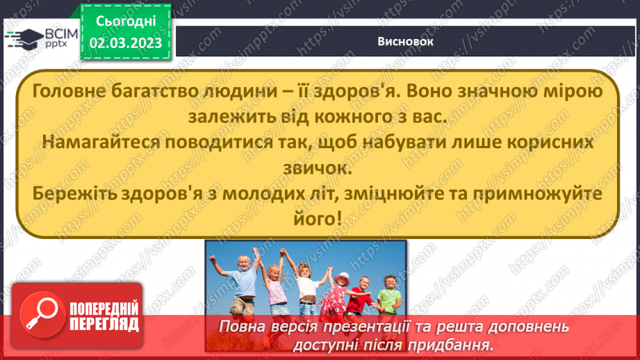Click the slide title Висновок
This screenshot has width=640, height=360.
point(406,41)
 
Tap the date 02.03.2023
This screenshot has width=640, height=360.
point(125,43)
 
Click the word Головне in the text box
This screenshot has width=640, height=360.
point(63,92)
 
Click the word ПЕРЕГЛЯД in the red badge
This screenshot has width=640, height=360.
point(104,324)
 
